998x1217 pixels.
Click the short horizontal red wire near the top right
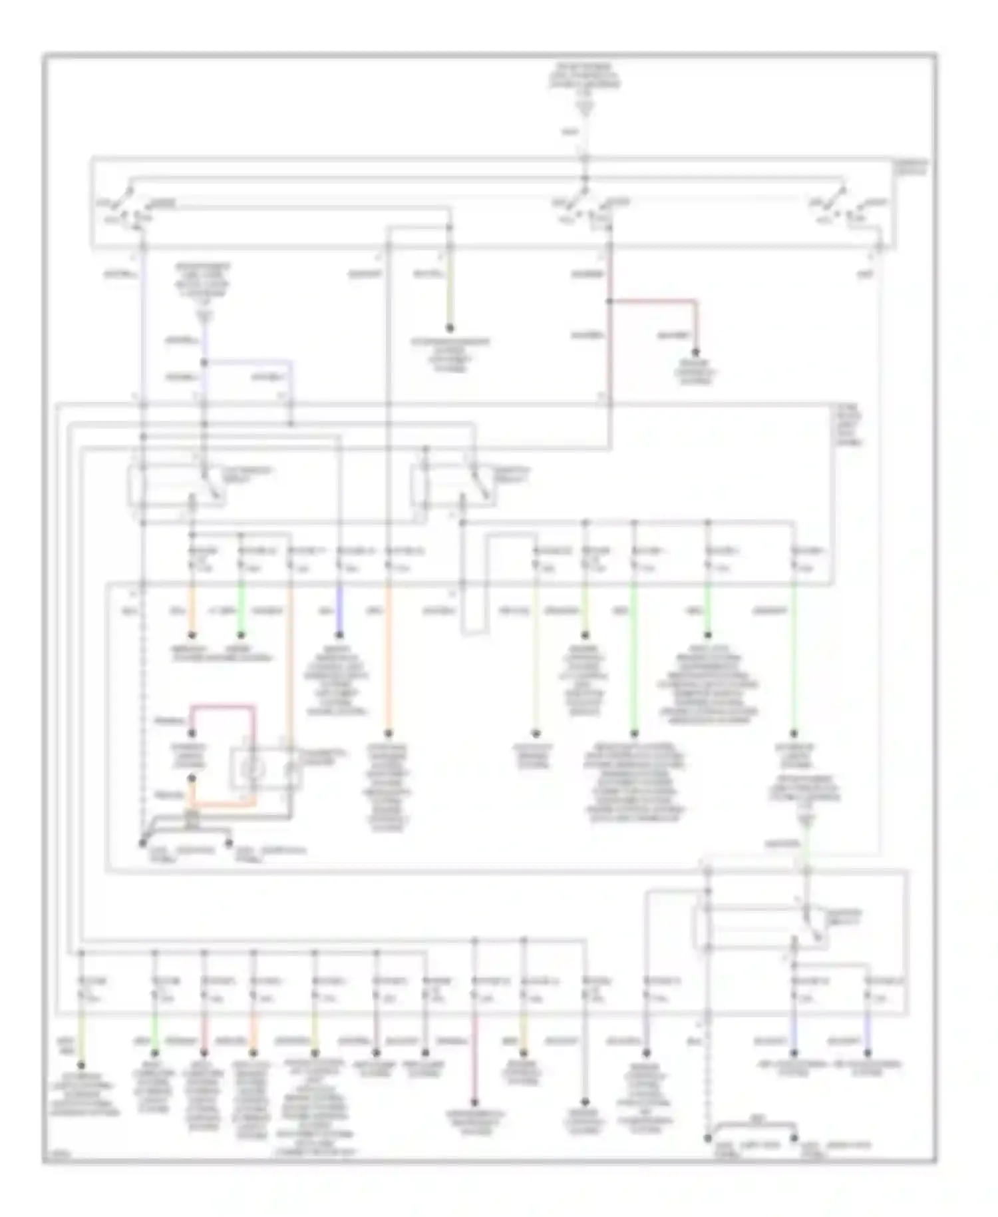tap(653, 301)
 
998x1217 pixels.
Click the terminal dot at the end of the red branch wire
tap(696, 353)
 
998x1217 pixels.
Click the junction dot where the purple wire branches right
tap(204, 363)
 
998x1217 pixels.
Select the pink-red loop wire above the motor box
tap(223, 706)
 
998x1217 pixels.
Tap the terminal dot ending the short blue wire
tap(339, 634)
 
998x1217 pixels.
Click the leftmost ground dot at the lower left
tap(142, 843)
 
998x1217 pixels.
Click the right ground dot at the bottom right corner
tap(794, 1139)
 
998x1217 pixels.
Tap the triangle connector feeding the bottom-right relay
tap(806, 821)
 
